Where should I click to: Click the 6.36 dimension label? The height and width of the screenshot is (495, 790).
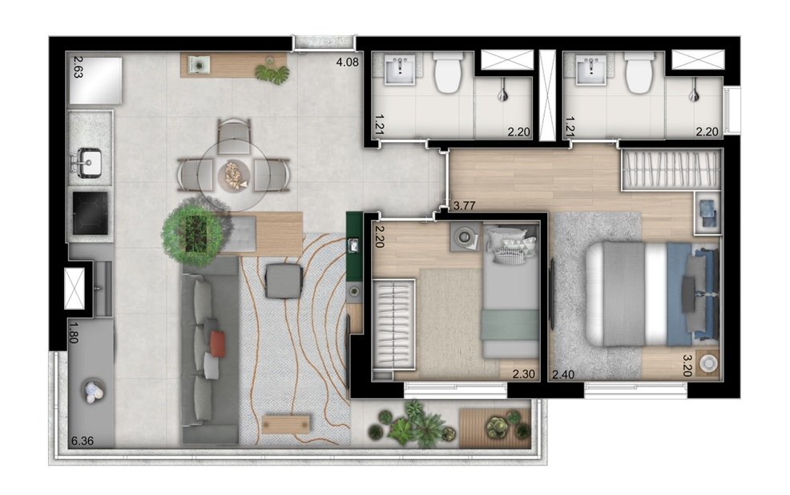[x=82, y=440]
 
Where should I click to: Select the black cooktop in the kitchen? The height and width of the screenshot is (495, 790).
[x=90, y=213]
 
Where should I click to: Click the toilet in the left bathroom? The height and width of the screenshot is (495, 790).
[x=446, y=74]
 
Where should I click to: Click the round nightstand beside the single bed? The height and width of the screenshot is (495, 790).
[x=462, y=235]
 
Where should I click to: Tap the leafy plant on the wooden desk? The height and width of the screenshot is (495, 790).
[x=272, y=73]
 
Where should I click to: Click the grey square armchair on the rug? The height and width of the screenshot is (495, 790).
[x=284, y=281]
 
